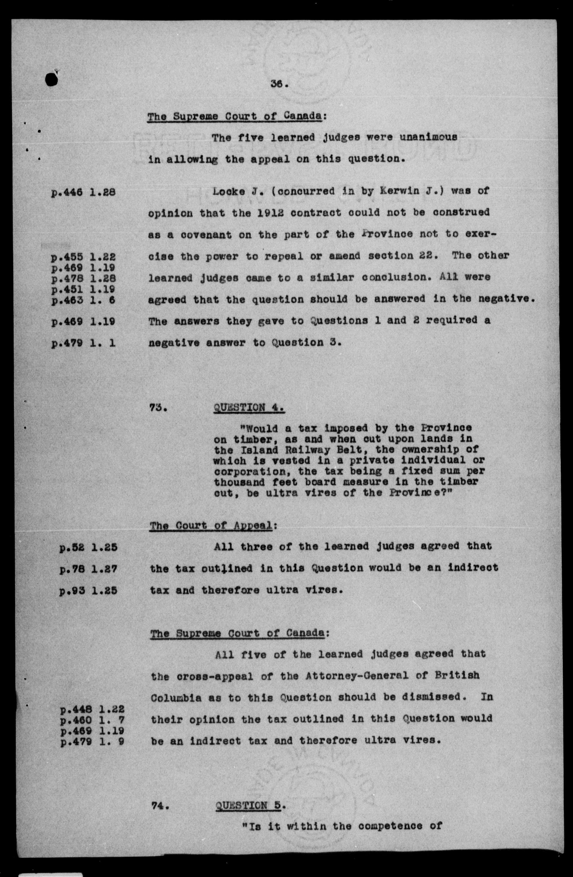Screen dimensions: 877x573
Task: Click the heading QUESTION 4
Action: click(249, 408)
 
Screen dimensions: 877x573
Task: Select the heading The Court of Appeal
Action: click(211, 525)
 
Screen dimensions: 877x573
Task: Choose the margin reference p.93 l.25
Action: click(88, 591)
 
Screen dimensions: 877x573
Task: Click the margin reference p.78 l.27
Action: click(88, 569)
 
